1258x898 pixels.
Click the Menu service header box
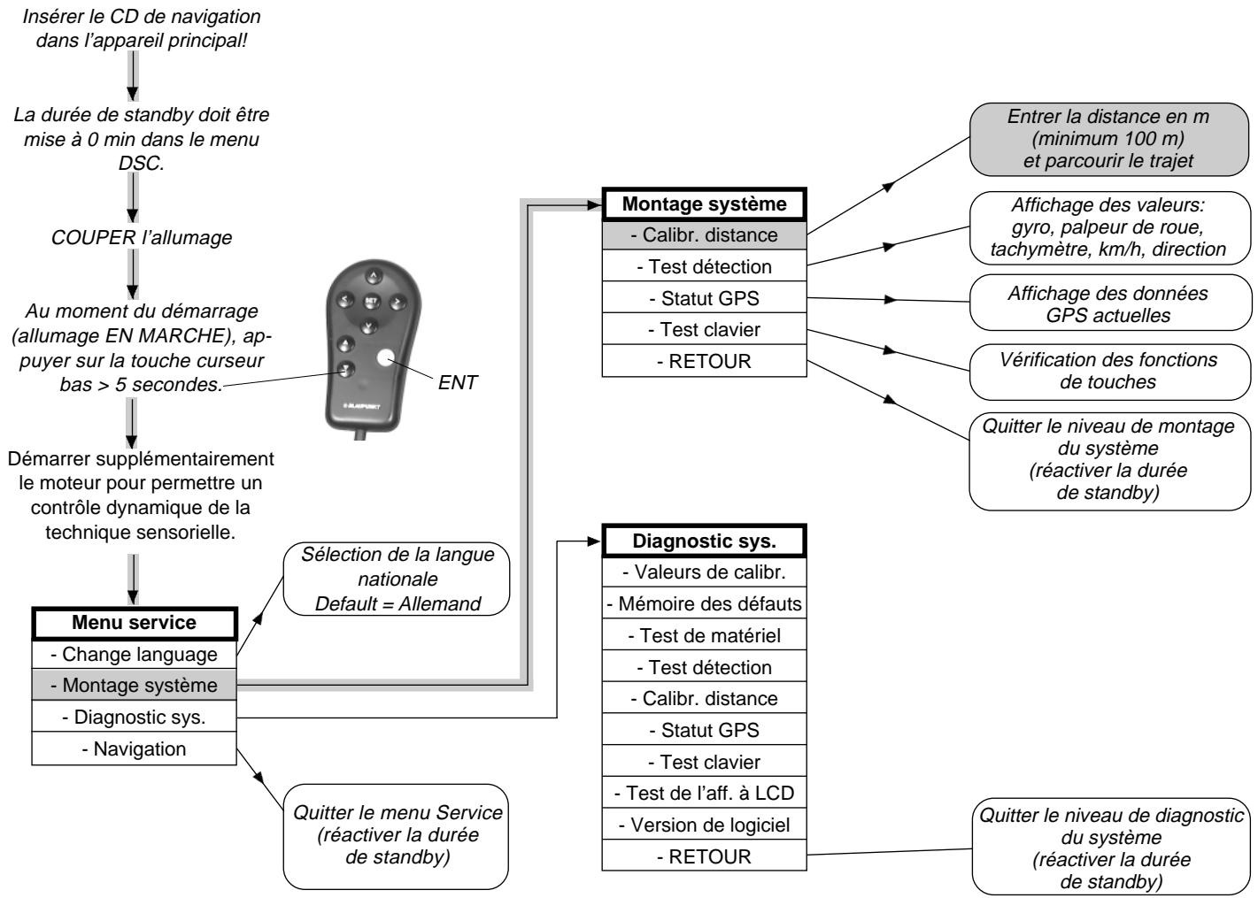[135, 623]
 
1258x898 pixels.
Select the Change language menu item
[135, 655]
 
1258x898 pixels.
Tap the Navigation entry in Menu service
[135, 748]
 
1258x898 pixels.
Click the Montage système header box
[705, 204]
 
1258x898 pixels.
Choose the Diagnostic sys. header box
[705, 541]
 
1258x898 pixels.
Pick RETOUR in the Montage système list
[705, 361]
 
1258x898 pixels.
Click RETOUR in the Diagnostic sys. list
[705, 856]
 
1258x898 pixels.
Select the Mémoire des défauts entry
[705, 604]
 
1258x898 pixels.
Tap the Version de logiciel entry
[705, 825]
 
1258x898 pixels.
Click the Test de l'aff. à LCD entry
[705, 793]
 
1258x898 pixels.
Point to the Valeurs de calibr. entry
[705, 572]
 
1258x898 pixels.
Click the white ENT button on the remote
[385, 358]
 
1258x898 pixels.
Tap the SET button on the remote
[371, 302]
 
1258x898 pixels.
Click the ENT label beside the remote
[457, 383]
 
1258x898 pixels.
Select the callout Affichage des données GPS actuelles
[1110, 303]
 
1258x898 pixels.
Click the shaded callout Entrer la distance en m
[1108, 139]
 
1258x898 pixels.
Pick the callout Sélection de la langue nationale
[397, 579]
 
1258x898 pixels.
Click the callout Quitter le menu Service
[397, 836]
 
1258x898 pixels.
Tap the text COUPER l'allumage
[142, 237]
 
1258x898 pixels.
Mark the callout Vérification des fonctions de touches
[1110, 372]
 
